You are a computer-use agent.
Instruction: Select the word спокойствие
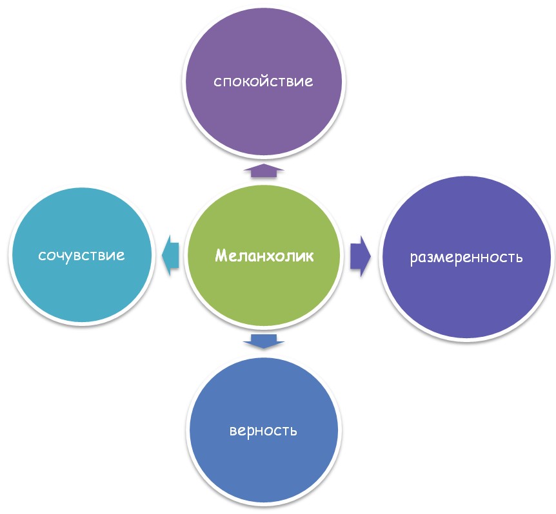point(263,82)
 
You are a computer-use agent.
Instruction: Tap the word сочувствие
point(81,255)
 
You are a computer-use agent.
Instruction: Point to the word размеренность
point(466,258)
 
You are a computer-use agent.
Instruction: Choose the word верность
point(263,430)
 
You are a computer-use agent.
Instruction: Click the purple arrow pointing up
point(263,170)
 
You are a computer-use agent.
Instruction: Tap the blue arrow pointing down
point(263,341)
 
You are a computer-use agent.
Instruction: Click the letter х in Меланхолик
point(273,256)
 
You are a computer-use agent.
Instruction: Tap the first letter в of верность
point(233,430)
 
